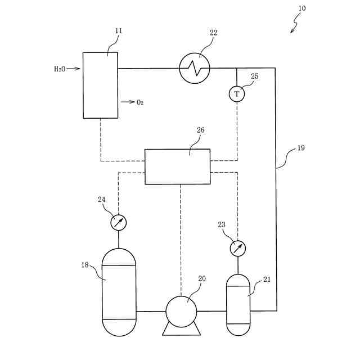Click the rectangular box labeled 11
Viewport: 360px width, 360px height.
[100, 85]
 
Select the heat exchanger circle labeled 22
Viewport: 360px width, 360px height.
[195, 69]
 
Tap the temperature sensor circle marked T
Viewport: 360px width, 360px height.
[237, 94]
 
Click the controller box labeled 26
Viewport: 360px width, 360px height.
[177, 166]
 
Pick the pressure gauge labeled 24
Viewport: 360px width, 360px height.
[118, 222]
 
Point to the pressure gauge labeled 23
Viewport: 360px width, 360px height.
[237, 248]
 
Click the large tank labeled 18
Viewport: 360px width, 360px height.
[119, 292]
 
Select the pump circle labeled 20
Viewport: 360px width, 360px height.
[181, 310]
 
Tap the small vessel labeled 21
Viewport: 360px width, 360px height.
[237, 304]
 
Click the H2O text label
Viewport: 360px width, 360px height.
[60, 69]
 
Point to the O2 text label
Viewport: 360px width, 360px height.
[140, 102]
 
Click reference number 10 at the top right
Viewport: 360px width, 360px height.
[302, 8]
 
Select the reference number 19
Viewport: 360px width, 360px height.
[301, 148]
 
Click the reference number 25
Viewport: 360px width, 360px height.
[255, 76]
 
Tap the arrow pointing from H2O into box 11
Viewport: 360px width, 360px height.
[74, 69]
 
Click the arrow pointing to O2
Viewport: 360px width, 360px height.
[128, 102]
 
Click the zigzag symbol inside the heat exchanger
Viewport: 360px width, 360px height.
[195, 69]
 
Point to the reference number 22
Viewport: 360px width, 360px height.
[213, 33]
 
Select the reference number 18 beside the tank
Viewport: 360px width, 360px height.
[85, 264]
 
